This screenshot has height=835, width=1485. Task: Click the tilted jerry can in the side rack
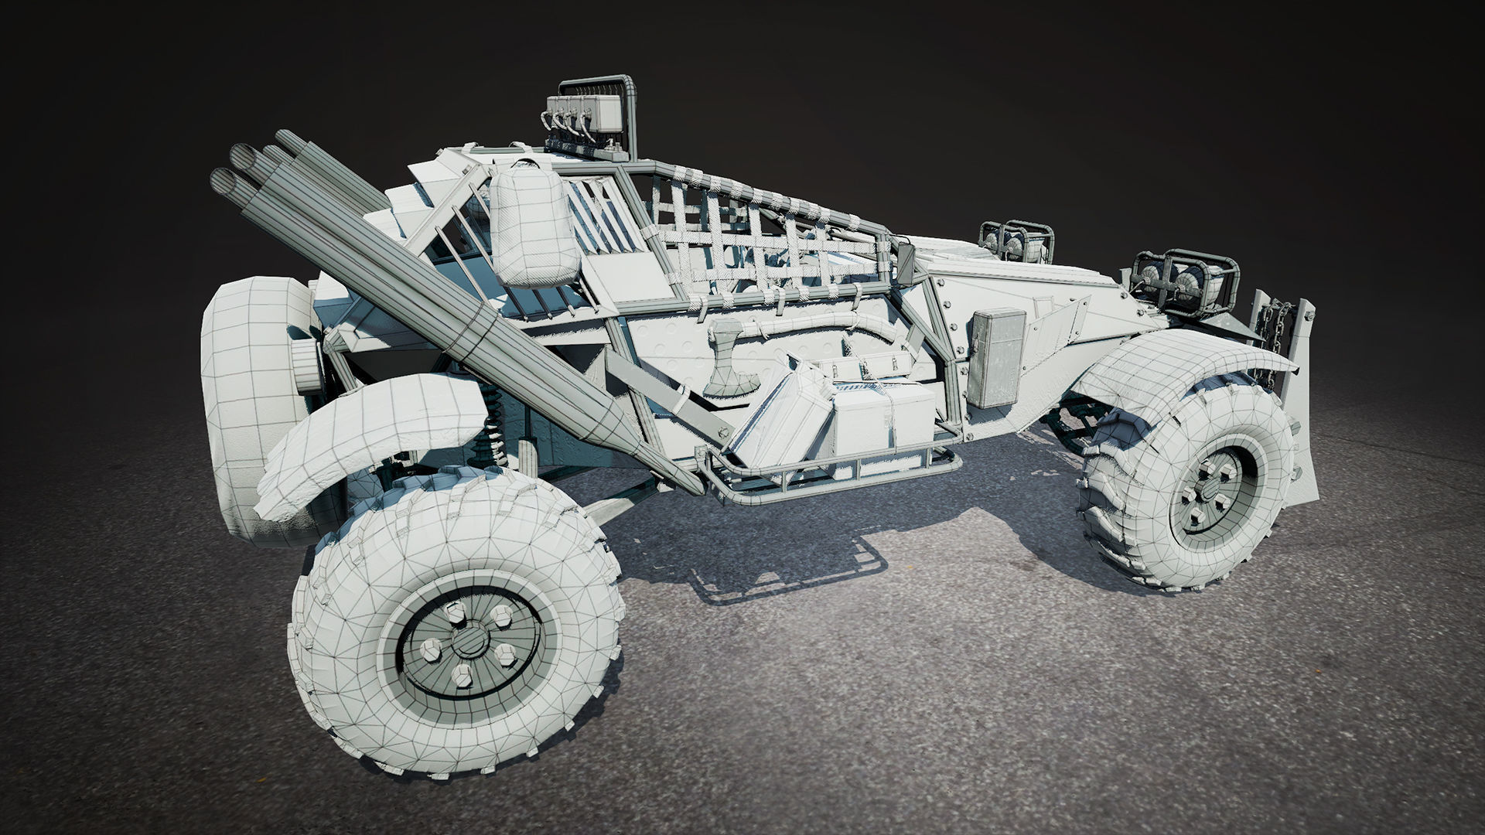tap(781, 414)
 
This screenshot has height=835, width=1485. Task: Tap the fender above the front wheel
tap(1176, 363)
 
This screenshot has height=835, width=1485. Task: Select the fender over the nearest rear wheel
tap(371, 433)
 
